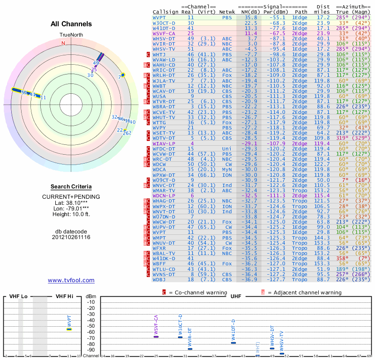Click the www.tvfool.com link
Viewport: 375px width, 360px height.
71,280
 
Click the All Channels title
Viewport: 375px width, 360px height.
71,24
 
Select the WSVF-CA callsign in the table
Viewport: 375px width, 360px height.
164,33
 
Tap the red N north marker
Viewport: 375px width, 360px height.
63,43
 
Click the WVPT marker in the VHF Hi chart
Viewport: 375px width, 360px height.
69,329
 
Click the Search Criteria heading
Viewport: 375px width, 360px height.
71,187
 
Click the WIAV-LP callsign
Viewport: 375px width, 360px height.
164,143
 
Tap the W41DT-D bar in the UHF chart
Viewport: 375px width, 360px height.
233,343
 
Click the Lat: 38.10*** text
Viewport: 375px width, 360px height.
71,202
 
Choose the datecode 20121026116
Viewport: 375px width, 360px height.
71,237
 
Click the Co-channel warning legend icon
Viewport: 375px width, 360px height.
164,292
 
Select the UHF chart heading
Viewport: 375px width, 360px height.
236,297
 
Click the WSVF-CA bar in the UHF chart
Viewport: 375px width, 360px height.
156,337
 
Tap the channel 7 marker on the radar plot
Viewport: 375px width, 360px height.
123,75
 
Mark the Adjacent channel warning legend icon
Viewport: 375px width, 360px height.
263,292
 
